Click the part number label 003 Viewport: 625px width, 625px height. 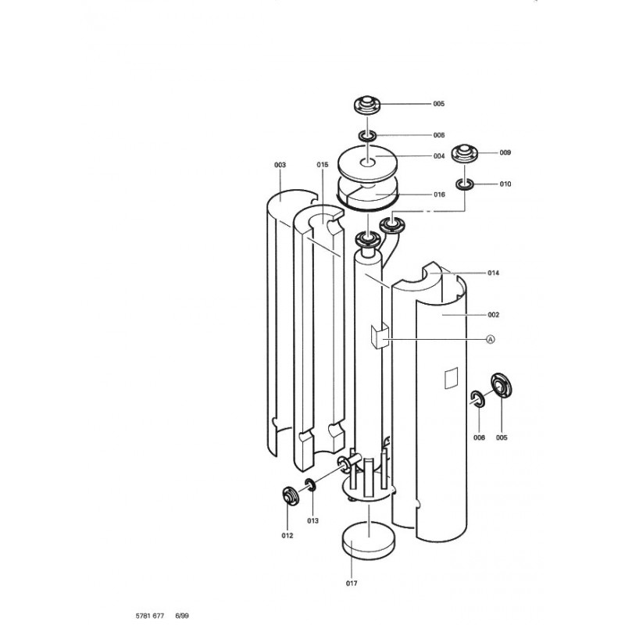[280, 165]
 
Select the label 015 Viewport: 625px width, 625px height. [323, 165]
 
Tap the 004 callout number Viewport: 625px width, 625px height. [439, 156]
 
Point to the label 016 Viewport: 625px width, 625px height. [439, 195]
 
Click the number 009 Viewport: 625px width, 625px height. [505, 152]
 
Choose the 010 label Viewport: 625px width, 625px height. [505, 184]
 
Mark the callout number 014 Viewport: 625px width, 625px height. [493, 273]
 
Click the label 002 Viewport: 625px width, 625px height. [493, 315]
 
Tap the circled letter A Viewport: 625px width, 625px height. [491, 339]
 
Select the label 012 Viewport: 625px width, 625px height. [287, 536]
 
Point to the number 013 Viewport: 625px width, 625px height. [312, 520]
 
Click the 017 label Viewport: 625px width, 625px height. [351, 584]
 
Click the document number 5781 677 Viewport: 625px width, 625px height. [149, 616]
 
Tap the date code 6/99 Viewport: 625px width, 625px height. [182, 616]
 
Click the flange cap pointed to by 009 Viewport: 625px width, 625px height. [464, 154]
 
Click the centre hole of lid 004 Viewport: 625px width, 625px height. [367, 162]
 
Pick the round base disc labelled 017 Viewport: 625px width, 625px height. [369, 541]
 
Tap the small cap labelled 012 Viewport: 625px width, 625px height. [290, 496]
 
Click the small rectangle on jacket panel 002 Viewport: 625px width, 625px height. [451, 378]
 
